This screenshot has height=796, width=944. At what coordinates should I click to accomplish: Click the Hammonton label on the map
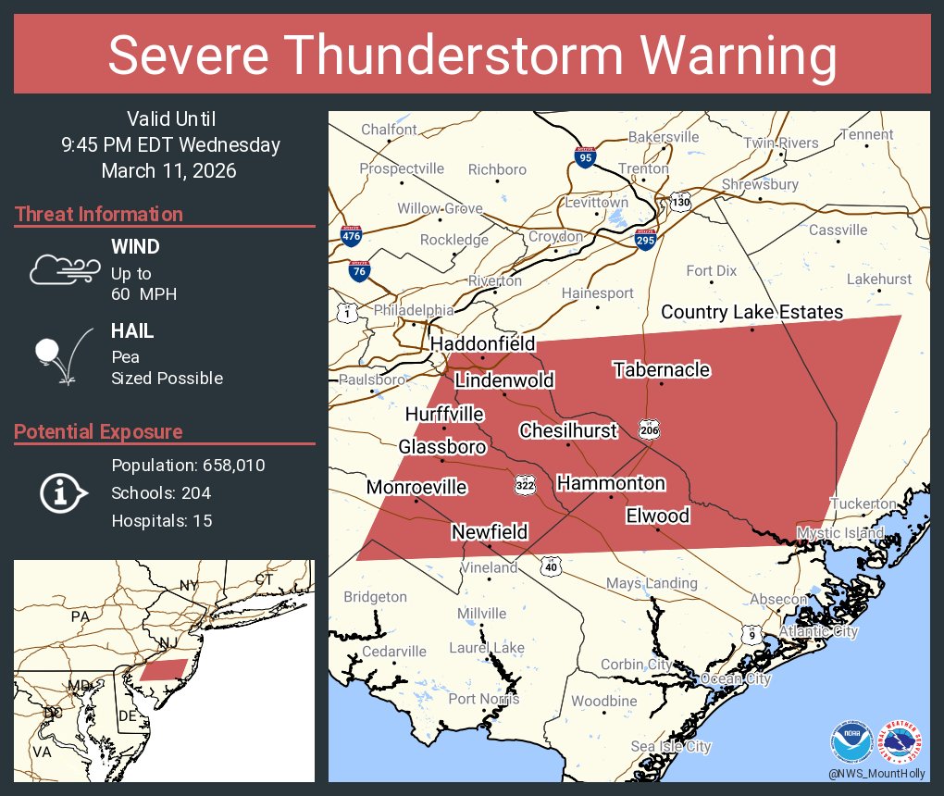point(610,483)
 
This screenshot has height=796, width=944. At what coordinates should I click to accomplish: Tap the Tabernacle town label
point(662,370)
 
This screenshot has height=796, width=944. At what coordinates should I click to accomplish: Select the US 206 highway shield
point(648,429)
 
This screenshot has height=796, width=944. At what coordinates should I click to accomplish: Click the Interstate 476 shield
point(351,236)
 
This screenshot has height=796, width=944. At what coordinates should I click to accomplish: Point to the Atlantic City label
point(818,631)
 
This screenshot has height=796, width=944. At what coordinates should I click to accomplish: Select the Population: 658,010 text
point(188,466)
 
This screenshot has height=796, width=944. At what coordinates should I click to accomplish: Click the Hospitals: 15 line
point(162,521)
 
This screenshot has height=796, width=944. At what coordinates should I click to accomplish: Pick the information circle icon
point(61,493)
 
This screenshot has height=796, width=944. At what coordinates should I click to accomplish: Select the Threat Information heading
point(98,215)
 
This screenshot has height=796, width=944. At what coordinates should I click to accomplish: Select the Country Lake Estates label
point(751,312)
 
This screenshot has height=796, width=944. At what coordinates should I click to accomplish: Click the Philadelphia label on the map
point(414,310)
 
